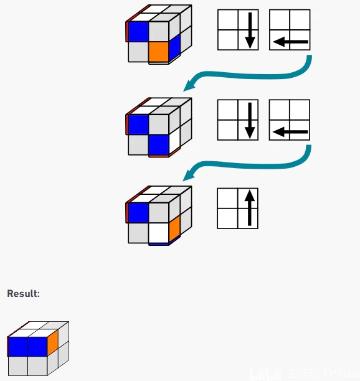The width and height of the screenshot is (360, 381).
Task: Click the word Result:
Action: coord(23,293)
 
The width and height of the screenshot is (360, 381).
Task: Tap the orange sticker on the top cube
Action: coord(159,51)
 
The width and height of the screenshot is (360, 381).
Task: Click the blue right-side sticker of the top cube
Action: coord(174,45)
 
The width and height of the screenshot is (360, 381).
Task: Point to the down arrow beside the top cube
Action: coord(249,31)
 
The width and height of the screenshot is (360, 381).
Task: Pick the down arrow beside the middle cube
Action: coord(249,121)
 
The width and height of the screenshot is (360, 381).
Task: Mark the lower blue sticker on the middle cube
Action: coord(159,144)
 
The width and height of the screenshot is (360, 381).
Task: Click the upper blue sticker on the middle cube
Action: coord(138,124)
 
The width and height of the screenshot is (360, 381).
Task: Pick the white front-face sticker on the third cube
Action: coord(159,233)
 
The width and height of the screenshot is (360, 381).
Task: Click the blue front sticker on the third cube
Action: coord(138,212)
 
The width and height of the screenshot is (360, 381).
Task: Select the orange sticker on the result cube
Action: coord(52,340)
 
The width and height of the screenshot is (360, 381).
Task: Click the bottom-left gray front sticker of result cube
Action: coord(17,365)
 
